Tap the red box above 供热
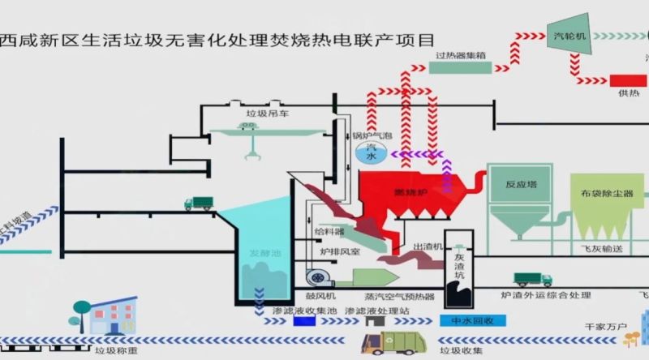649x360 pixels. [x=628, y=81]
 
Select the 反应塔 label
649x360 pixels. [x=522, y=185]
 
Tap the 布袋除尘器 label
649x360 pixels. [x=607, y=194]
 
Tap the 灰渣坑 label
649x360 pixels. [x=458, y=264]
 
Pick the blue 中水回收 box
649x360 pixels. [x=472, y=320]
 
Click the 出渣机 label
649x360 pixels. [x=428, y=246]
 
